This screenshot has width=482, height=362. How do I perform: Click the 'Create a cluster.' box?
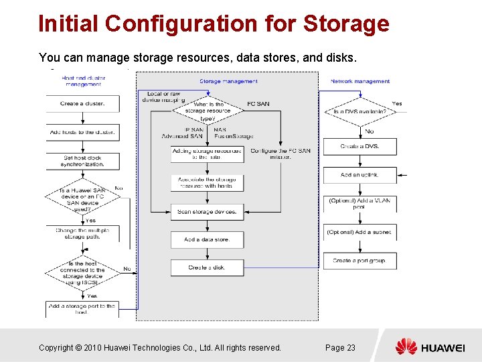click(x=82, y=104)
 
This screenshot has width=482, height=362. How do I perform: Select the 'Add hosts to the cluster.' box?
click(x=82, y=132)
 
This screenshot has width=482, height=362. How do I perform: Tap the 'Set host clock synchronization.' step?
click(x=84, y=161)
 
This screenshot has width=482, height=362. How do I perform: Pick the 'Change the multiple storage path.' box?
click(x=82, y=233)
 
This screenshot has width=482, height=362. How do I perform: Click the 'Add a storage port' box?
click(x=82, y=309)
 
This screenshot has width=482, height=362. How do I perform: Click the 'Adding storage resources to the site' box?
click(x=207, y=154)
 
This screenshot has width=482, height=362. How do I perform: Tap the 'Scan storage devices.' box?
click(x=207, y=212)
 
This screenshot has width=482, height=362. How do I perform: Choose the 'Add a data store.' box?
click(x=207, y=239)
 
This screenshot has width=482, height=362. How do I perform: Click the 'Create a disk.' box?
click(x=207, y=267)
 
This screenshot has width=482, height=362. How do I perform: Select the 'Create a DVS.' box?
click(x=359, y=146)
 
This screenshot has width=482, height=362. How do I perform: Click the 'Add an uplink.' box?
click(x=359, y=174)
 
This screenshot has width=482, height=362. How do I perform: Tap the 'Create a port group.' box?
click(x=359, y=260)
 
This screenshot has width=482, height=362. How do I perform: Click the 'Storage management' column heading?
click(x=228, y=82)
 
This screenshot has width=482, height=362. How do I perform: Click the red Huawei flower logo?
click(x=406, y=347)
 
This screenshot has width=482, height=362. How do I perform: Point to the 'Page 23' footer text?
click(x=340, y=347)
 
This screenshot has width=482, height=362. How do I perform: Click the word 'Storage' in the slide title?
click(x=346, y=23)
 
